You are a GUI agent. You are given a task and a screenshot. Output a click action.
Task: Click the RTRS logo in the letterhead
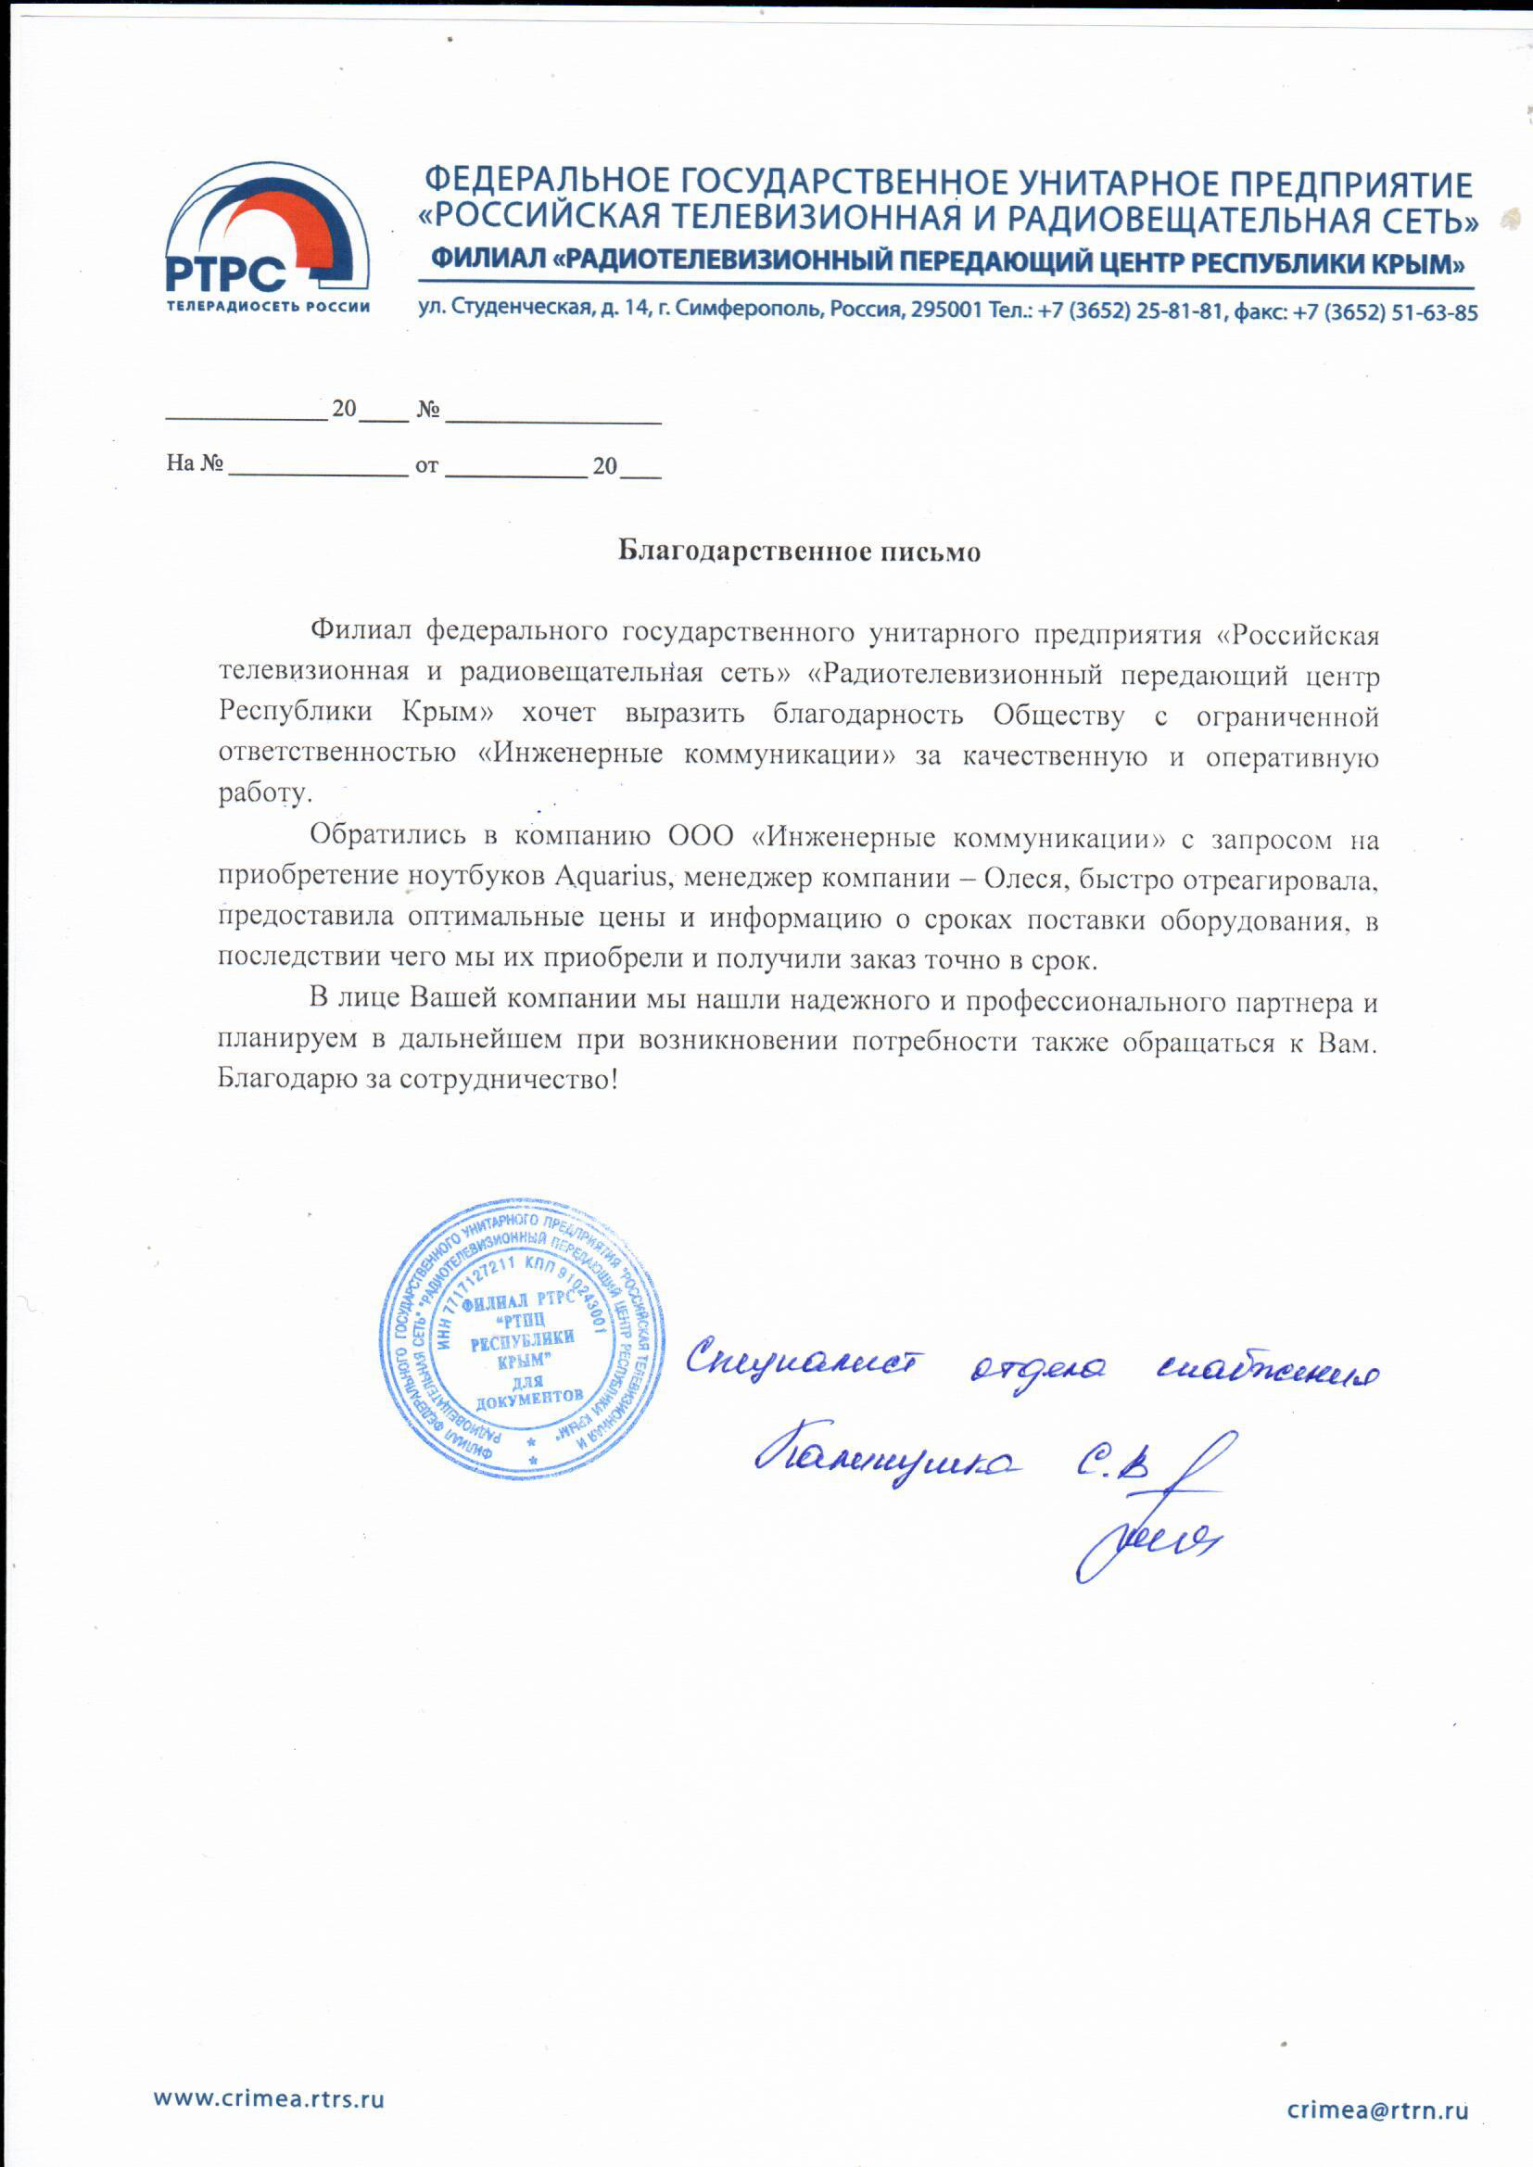pyautogui.click(x=267, y=241)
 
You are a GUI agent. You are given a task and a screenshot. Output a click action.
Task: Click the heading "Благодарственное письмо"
pyautogui.click(x=799, y=551)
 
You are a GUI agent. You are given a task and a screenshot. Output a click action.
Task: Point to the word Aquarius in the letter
pyautogui.click(x=613, y=877)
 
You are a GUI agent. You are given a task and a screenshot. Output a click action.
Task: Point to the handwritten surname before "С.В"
pyautogui.click(x=886, y=1463)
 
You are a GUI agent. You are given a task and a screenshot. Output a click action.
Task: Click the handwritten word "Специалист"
pyautogui.click(x=805, y=1362)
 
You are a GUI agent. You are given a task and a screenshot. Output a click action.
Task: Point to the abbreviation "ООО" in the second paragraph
pyautogui.click(x=701, y=838)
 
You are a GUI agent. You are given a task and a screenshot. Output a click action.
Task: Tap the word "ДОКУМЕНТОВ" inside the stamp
pyautogui.click(x=528, y=1398)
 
